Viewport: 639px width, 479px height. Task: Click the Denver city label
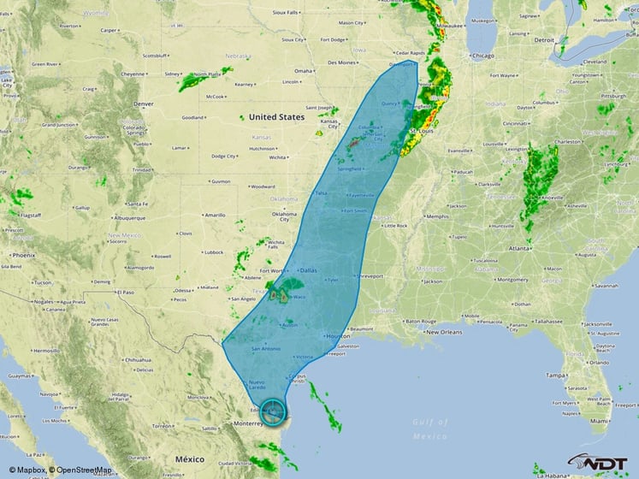[x=143, y=104]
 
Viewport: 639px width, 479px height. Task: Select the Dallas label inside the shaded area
[x=308, y=270]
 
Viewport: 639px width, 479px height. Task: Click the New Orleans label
[x=444, y=332]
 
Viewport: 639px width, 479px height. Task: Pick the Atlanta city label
[x=518, y=248]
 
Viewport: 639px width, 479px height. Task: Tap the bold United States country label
[x=276, y=117]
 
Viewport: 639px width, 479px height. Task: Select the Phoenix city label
[x=23, y=255]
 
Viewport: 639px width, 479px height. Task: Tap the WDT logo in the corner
[x=600, y=463]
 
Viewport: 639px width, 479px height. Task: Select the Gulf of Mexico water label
[x=428, y=429]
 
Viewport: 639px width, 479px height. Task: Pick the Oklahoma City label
[x=284, y=215]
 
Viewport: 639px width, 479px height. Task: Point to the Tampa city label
[x=559, y=375]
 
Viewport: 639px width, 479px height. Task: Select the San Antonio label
[x=265, y=349]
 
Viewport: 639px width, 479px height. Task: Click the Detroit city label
[x=544, y=40]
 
